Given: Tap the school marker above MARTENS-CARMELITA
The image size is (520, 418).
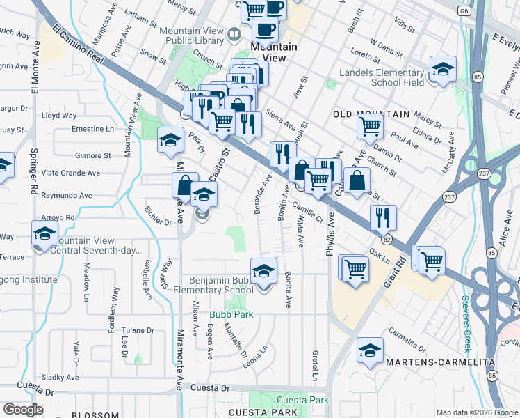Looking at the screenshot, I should click(370, 351).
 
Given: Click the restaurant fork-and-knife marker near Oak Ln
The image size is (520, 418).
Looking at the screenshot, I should click(383, 218).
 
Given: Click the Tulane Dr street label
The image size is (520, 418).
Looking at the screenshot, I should click(136, 330).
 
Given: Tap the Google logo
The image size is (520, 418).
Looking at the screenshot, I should click(23, 410).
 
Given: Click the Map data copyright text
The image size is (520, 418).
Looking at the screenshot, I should click(477, 412).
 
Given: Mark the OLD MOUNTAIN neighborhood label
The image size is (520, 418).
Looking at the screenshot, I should click(361, 114).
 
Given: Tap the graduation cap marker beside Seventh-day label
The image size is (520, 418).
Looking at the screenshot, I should click(44, 234).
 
